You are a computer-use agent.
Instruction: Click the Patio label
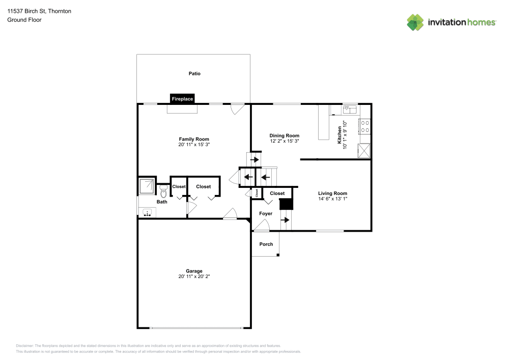pyautogui.click(x=194, y=73)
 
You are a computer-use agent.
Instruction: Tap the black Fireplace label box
pyautogui.click(x=182, y=99)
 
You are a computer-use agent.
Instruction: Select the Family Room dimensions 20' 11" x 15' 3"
pyautogui.click(x=194, y=145)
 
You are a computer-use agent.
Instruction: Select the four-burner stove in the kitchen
pyautogui.click(x=365, y=126)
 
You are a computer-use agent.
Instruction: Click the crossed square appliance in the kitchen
pyautogui.click(x=364, y=151)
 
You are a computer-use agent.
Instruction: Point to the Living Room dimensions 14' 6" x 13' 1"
pyautogui.click(x=332, y=199)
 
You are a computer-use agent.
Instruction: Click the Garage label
pyautogui.click(x=194, y=271)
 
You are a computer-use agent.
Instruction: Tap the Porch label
pyautogui.click(x=266, y=244)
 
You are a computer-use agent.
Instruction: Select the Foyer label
pyautogui.click(x=266, y=213)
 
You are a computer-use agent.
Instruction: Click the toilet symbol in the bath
pyautogui.click(x=163, y=190)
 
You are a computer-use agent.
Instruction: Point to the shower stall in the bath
pyautogui.click(x=147, y=187)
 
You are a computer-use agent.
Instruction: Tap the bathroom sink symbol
pyautogui.click(x=148, y=213)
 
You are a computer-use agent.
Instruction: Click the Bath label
pyautogui.click(x=162, y=202)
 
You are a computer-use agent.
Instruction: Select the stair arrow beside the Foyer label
pyautogui.click(x=286, y=220)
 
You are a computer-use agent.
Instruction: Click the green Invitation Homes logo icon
pyautogui.click(x=415, y=22)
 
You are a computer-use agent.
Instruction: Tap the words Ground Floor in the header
pyautogui.click(x=24, y=20)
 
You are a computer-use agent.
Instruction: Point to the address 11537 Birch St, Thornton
pyautogui.click(x=39, y=11)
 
